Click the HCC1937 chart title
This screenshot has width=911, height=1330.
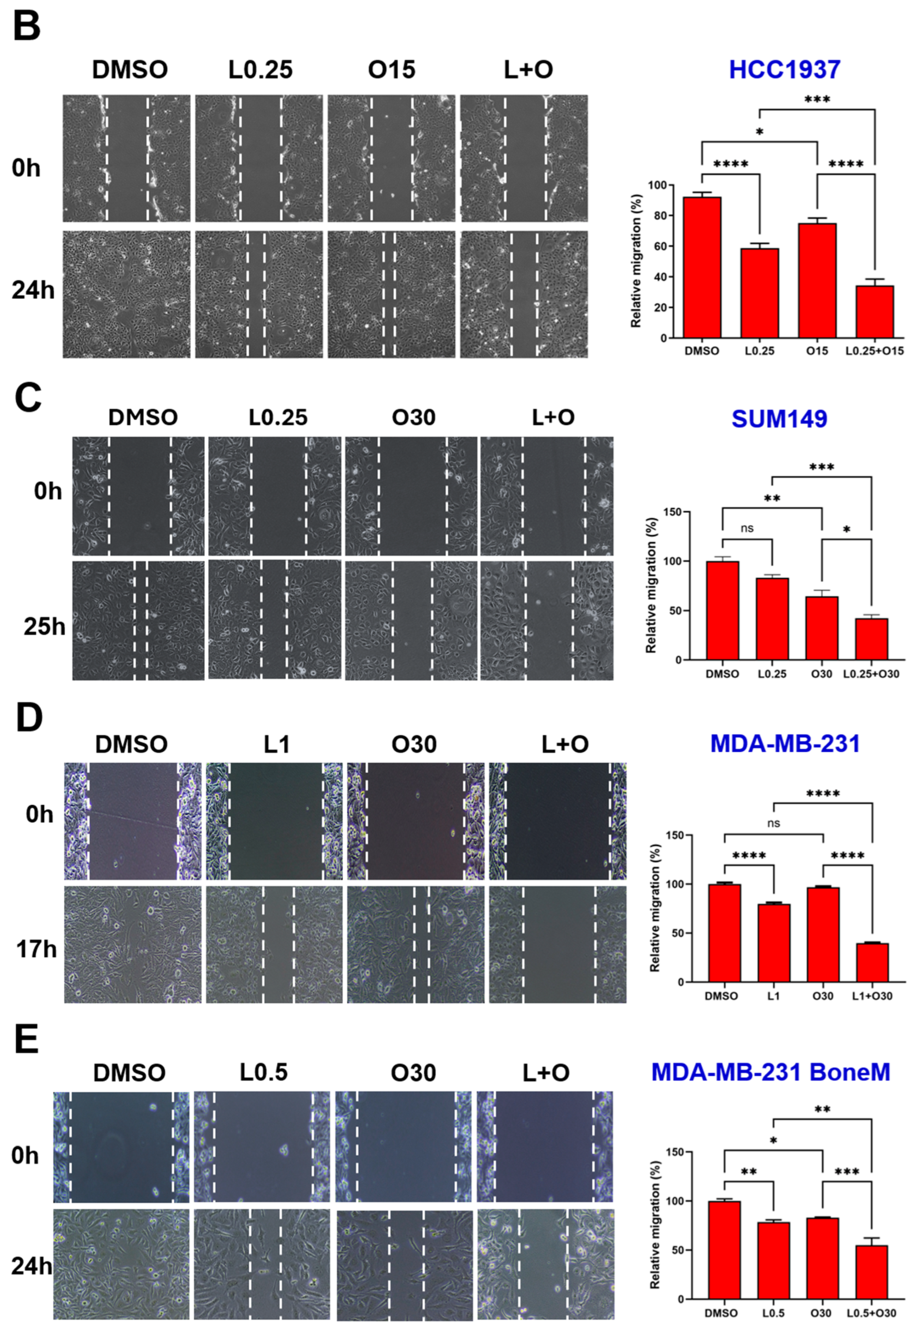pyautogui.click(x=785, y=69)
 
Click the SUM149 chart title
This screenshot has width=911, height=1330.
pyautogui.click(x=779, y=419)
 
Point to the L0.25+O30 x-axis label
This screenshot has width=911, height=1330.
pyautogui.click(x=871, y=674)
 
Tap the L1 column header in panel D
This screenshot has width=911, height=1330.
pyautogui.click(x=277, y=744)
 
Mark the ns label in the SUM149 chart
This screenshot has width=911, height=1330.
pyautogui.click(x=747, y=528)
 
